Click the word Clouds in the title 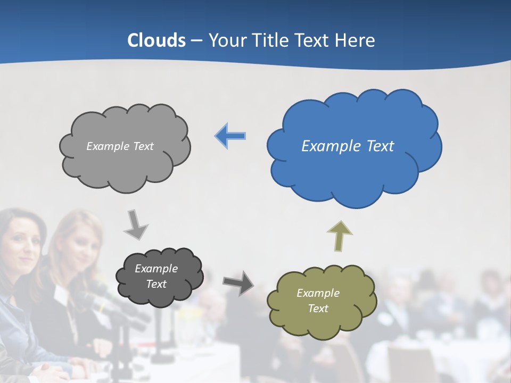156,40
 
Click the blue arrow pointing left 230,136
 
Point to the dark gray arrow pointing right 238,282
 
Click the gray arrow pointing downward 135,225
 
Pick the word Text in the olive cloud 318,309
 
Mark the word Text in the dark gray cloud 156,284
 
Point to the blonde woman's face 84,247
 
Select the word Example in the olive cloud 318,293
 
